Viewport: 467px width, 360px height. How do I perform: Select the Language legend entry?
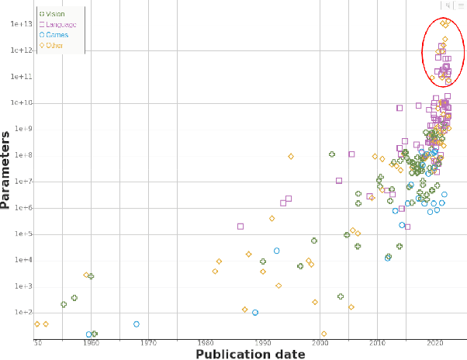[x=57, y=24]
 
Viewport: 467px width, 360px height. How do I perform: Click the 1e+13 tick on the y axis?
[x=20, y=24]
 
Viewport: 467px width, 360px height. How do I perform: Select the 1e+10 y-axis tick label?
[x=20, y=103]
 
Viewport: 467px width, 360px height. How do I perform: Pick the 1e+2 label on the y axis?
[x=22, y=313]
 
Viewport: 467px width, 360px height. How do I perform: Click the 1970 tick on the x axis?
[x=149, y=341]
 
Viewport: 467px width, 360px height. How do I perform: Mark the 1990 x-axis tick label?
[x=264, y=341]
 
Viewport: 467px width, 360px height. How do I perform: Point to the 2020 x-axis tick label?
[x=435, y=341]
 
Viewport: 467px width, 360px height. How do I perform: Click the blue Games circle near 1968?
[x=136, y=324]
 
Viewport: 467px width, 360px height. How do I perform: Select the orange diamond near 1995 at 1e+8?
[x=291, y=157]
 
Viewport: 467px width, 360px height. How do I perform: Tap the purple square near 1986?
[x=240, y=227]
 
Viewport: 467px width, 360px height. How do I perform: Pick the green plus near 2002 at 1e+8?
[x=331, y=155]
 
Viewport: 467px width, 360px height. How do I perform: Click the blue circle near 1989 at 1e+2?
[x=255, y=313]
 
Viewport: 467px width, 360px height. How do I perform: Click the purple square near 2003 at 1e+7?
[x=339, y=181]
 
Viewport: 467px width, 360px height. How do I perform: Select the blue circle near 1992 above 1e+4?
[x=276, y=251]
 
